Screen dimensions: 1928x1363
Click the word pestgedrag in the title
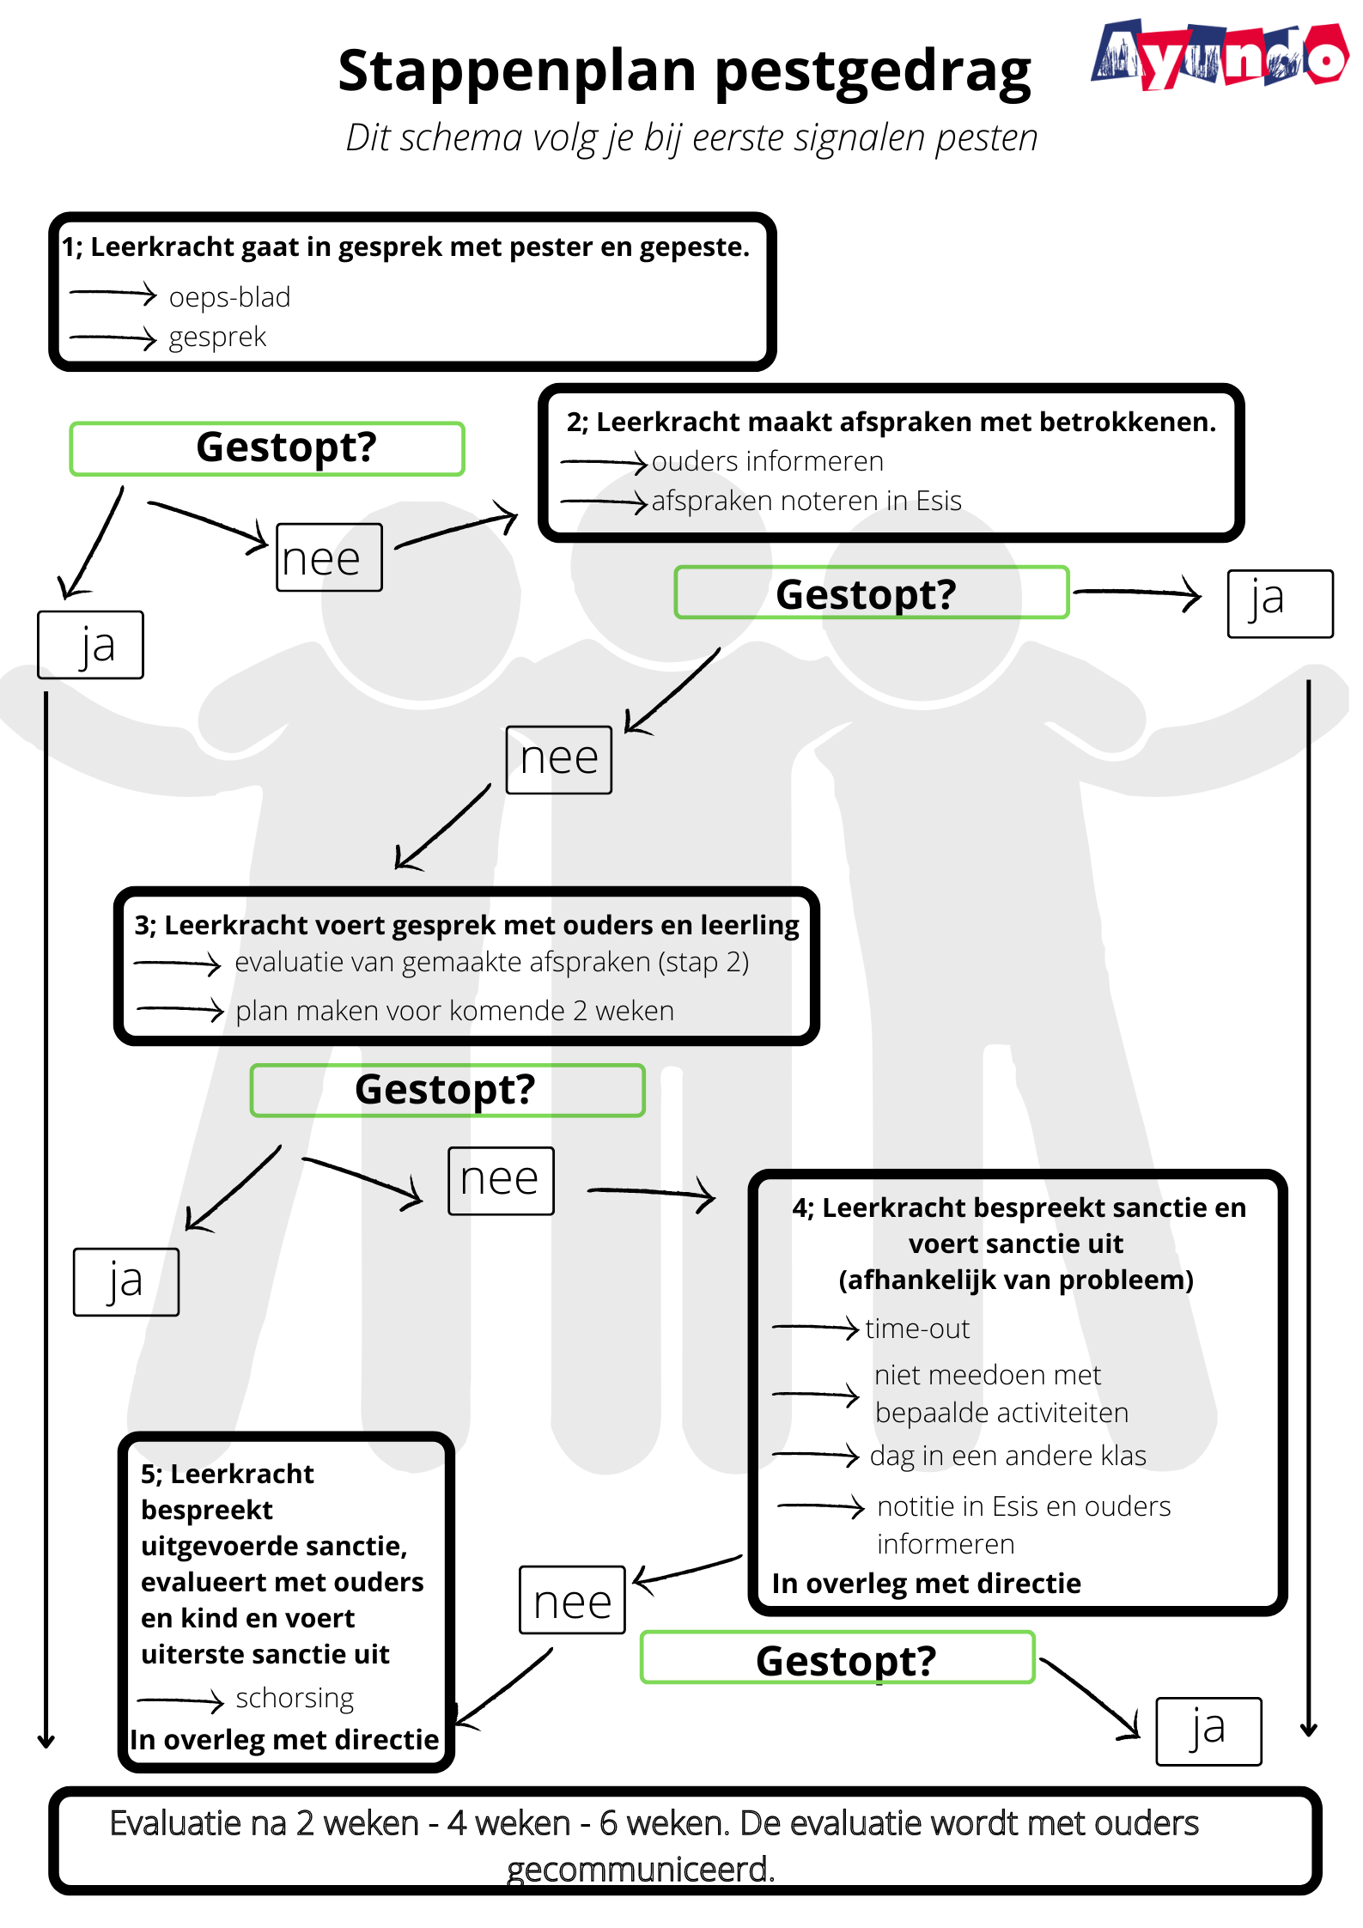pos(872,72)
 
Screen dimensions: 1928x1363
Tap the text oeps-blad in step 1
pos(229,297)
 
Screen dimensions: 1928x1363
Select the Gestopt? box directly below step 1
pos(267,448)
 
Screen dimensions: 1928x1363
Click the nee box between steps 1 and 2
pos(329,558)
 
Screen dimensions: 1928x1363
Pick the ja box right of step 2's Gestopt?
pos(1280,604)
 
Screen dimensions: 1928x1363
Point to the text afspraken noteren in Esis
pos(806,501)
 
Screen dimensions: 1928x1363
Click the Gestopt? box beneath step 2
pos(871,593)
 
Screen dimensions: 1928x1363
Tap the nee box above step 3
pos(558,760)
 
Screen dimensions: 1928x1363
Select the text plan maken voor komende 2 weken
pos(454,1011)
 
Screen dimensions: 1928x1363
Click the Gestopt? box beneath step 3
pos(447,1090)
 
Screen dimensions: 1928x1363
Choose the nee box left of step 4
pos(501,1181)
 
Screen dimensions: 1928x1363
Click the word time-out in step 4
pos(917,1329)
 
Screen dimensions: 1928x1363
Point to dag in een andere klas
pos(1007,1456)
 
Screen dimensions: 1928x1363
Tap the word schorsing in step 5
pos(295,1698)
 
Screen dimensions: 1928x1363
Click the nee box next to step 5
pos(572,1600)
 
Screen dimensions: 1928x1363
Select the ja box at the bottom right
pos(1208,1731)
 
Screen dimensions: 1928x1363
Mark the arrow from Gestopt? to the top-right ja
pos(1137,592)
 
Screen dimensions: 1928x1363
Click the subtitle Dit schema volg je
pos(691,137)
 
